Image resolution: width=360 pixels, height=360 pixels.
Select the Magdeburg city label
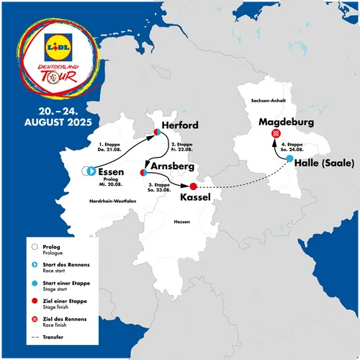tap(286, 122)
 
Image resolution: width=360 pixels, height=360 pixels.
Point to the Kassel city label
tap(195, 196)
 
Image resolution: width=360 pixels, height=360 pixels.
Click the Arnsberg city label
tap(174, 166)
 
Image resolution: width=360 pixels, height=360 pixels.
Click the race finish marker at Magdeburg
tap(276, 135)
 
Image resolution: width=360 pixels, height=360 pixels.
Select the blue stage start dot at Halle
tap(289, 158)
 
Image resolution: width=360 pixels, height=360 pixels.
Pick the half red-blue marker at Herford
tap(156, 132)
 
